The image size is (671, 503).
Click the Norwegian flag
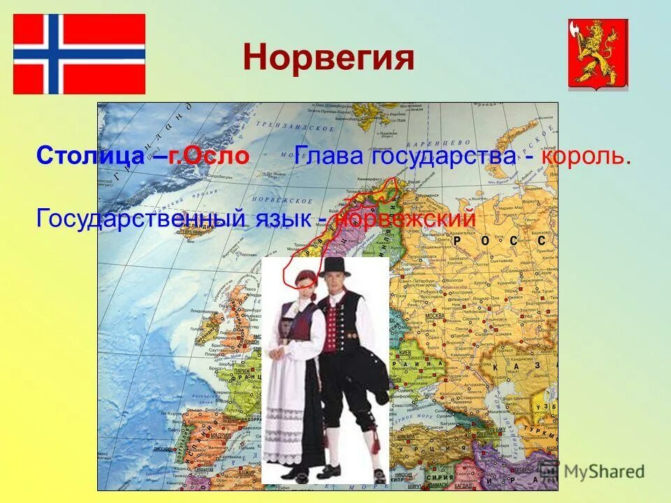tap(79, 54)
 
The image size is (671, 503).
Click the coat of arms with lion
tap(598, 54)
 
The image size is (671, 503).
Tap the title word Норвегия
tap(329, 59)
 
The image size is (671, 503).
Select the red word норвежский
tap(405, 217)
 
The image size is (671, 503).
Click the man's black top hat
tap(334, 266)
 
